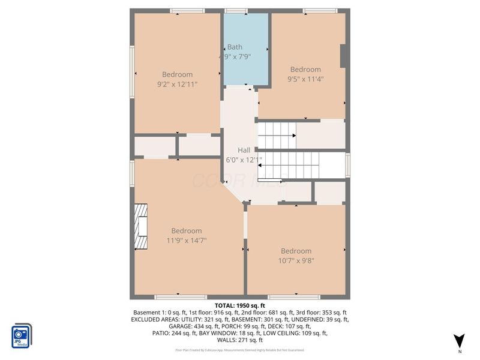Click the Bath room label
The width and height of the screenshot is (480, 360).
[235, 47]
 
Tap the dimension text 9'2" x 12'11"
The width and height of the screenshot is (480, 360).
[177, 85]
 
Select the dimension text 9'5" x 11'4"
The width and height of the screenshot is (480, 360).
[305, 79]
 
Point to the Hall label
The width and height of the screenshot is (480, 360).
[244, 150]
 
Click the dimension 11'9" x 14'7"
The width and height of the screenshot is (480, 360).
[186, 241]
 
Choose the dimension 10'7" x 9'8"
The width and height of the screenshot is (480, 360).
[296, 260]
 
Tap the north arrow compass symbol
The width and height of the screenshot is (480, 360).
[459, 341]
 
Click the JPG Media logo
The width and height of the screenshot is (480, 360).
[22, 335]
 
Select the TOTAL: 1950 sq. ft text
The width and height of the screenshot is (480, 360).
[239, 305]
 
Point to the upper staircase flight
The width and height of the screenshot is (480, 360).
[277, 136]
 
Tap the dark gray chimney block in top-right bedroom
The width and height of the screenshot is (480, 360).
[344, 56]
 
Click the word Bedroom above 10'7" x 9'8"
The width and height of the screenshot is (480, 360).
[296, 251]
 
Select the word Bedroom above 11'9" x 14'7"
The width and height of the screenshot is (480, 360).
[186, 231]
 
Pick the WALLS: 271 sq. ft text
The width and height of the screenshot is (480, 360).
[239, 340]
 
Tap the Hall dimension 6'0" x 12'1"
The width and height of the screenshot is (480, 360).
[244, 160]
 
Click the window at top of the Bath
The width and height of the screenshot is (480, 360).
[236, 11]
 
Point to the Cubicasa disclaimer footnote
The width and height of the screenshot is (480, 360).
[239, 350]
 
